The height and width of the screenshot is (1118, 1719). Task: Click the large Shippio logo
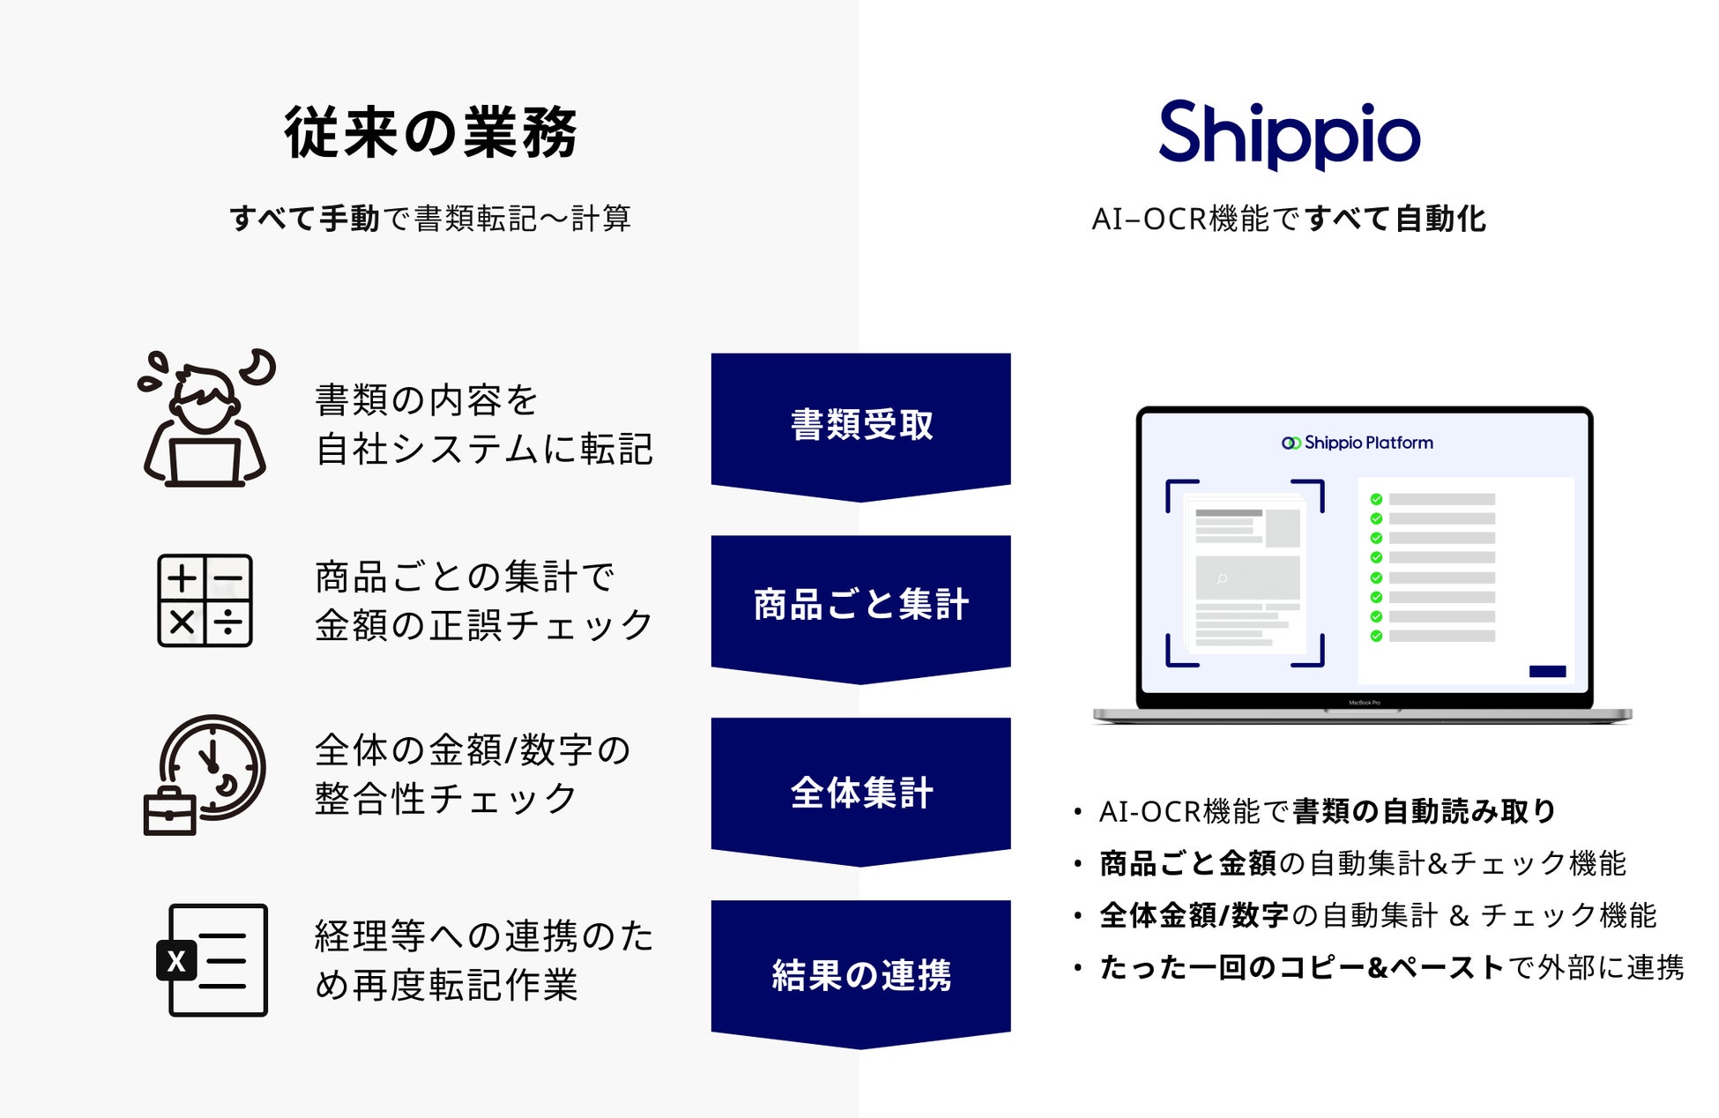coord(1289,134)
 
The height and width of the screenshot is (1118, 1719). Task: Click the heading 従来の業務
coord(430,132)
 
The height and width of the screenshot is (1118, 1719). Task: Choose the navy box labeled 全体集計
coord(860,791)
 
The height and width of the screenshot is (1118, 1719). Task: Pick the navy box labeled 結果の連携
coord(860,973)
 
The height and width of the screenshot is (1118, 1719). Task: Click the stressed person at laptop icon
coord(206,418)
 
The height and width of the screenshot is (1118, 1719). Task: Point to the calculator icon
coord(205,600)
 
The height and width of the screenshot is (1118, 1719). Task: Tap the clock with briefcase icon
coord(205,774)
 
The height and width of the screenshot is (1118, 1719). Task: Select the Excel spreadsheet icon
coord(212,960)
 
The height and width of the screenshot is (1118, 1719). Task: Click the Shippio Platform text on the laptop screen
coord(1358,443)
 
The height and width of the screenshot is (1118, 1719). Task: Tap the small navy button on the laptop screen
coord(1547,671)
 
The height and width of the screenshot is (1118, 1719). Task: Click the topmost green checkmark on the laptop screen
coord(1376,499)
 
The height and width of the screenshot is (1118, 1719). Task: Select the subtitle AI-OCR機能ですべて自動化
coord(1289,219)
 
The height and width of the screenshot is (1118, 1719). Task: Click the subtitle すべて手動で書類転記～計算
coord(430,219)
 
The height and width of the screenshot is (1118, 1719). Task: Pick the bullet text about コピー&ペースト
coord(1392,967)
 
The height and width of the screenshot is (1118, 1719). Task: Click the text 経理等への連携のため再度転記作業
coord(484,960)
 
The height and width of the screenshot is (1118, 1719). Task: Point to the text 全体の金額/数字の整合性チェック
coord(473,774)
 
